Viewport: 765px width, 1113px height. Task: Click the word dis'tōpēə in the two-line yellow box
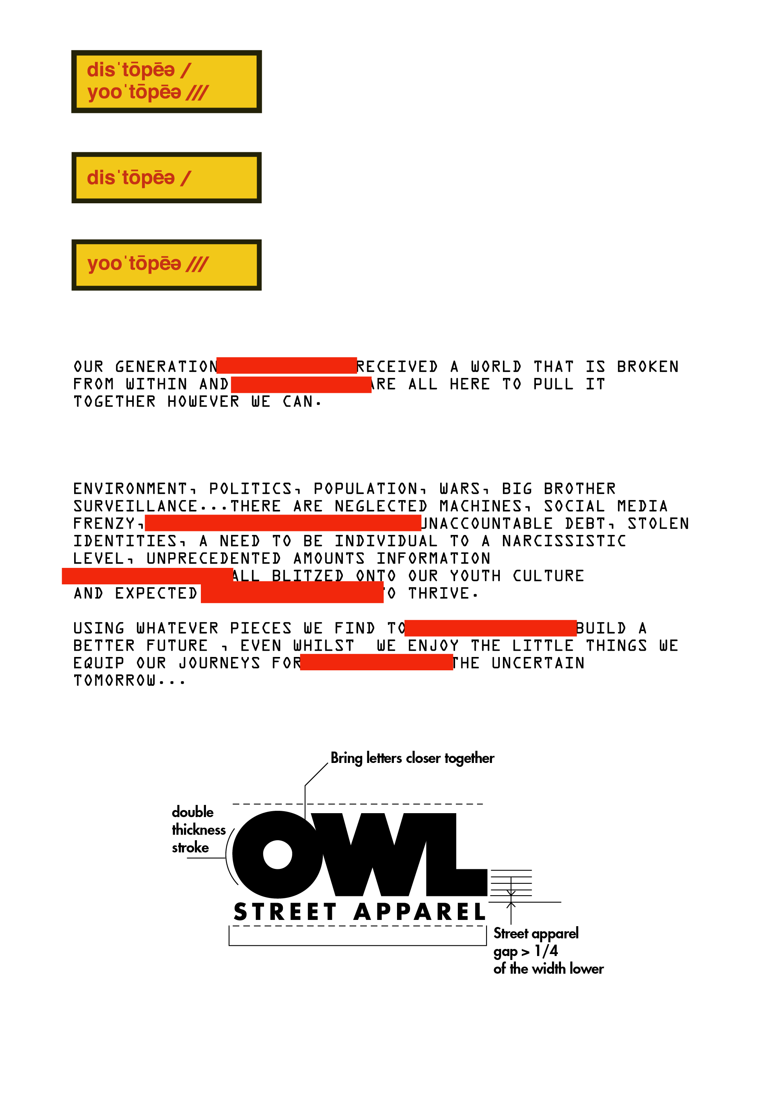coord(130,70)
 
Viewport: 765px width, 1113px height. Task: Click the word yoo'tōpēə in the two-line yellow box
coord(134,92)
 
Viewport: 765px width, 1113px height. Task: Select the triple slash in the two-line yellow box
coord(197,93)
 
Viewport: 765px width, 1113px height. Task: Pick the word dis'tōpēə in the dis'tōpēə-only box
coord(130,178)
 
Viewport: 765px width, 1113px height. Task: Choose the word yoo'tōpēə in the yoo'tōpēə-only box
coord(134,264)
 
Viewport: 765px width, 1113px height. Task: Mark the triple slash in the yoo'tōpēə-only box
coord(197,264)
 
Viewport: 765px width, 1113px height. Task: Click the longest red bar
coord(283,523)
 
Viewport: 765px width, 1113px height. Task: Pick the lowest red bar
coord(376,662)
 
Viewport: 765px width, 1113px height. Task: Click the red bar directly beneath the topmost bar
coord(301,385)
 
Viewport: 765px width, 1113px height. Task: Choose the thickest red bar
coord(292,592)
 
